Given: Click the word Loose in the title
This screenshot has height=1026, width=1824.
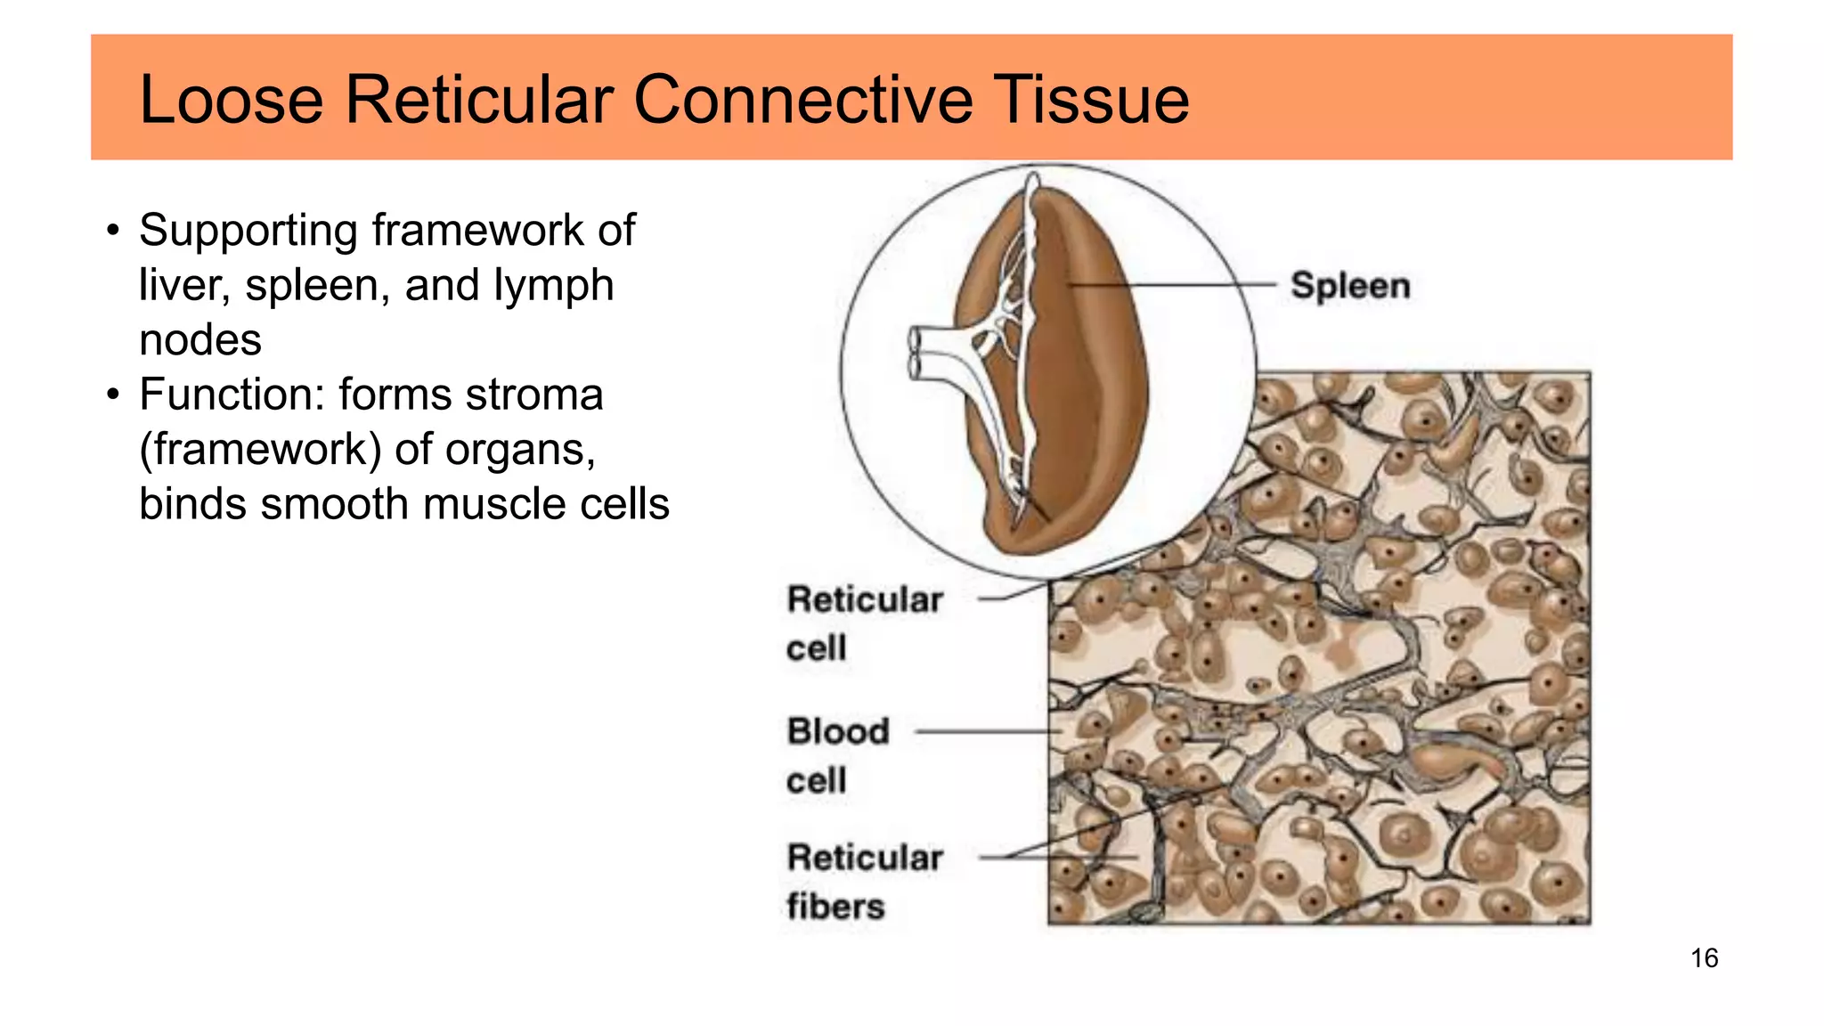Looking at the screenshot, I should tap(232, 99).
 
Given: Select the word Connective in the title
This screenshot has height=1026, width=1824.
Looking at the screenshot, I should tap(802, 99).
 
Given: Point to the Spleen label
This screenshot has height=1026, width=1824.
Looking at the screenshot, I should tap(1350, 286).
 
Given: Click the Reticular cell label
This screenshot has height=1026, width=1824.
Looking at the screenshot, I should tap(864, 623).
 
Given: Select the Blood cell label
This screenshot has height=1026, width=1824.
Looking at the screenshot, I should tap(837, 755).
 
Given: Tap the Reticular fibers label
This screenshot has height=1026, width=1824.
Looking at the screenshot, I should tap(864, 881).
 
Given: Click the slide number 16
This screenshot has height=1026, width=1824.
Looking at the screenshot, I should tap(1704, 958).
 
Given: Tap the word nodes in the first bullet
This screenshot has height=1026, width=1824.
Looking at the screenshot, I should tap(200, 340).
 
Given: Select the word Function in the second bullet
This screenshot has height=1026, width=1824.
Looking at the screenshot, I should tap(232, 395).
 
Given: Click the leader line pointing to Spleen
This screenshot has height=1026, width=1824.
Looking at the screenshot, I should tap(1176, 285).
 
